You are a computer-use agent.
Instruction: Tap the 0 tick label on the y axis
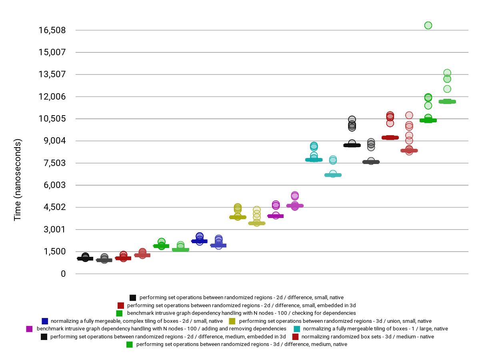point(63,274)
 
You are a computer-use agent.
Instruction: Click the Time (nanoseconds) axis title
point(18,180)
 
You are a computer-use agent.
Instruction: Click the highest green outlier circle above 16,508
point(428,26)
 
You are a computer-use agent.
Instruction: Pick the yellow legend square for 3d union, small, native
point(232,321)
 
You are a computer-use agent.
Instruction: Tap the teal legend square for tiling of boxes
point(297,329)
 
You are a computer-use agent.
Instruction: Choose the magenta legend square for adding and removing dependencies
point(29,329)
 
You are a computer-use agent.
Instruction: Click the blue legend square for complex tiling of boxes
point(45,321)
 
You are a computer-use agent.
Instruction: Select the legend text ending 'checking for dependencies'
point(241,313)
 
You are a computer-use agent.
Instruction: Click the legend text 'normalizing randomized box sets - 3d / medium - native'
point(368,337)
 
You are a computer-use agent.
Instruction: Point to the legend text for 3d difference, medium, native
point(242,344)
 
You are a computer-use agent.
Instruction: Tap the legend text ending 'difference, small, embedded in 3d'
point(241,306)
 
